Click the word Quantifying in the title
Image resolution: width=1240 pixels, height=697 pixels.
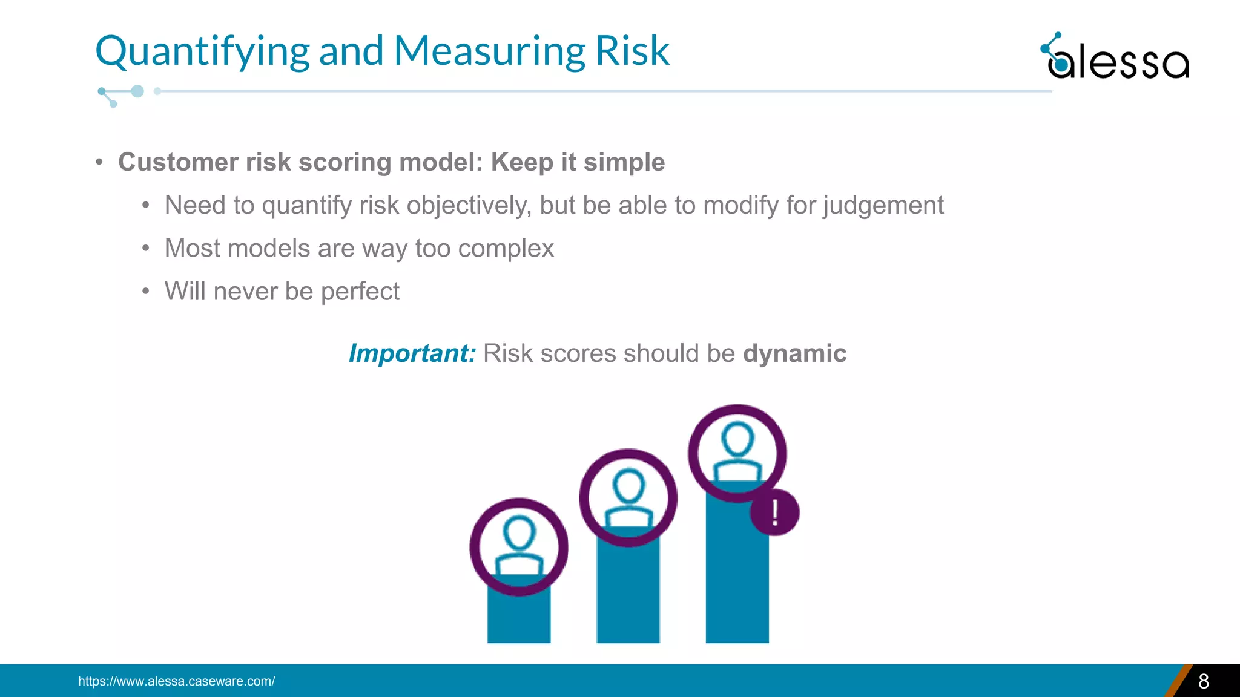pos(202,51)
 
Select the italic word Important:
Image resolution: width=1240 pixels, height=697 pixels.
pos(412,353)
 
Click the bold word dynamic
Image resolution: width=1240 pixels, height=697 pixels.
pos(794,353)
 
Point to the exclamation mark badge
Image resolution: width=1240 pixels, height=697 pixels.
pos(774,512)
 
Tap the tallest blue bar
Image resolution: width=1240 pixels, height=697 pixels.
pos(737,575)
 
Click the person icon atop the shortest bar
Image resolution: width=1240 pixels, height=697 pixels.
pos(519,546)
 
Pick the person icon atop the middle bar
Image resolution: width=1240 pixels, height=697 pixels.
pos(628,497)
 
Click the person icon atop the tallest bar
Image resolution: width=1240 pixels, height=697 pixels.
pos(737,453)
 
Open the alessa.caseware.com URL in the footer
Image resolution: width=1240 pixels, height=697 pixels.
pos(176,681)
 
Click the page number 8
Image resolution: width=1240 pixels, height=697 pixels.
pos(1203,681)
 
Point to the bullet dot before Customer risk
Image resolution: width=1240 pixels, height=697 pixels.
pos(99,162)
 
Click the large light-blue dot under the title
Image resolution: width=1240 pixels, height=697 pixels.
pos(137,91)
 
